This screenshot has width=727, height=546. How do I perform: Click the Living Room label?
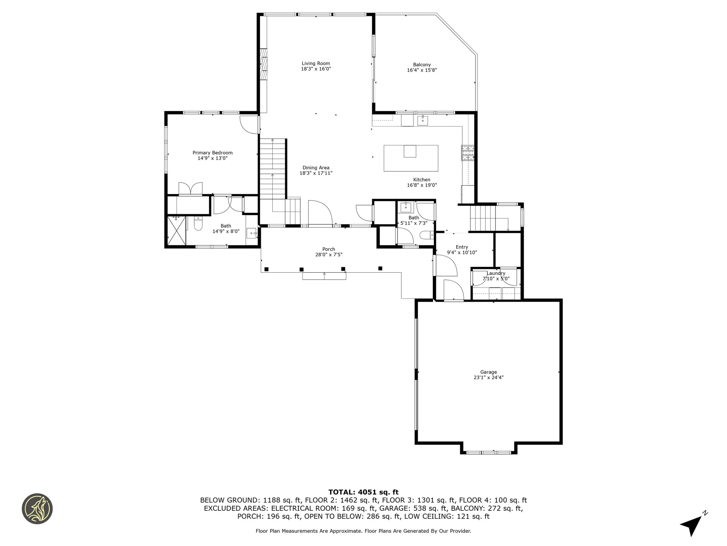[x=316, y=64]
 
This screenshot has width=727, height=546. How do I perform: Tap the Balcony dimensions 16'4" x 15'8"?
[x=422, y=70]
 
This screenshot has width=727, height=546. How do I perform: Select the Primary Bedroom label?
[x=212, y=153]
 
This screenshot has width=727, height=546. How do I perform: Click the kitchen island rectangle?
[x=411, y=158]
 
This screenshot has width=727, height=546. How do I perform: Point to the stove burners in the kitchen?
[x=467, y=153]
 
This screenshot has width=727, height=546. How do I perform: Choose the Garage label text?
[x=488, y=372]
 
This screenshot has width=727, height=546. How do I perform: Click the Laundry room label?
[x=496, y=273]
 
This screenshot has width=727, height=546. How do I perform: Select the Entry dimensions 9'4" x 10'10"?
[x=462, y=253]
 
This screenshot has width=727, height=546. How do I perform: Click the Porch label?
[x=329, y=249]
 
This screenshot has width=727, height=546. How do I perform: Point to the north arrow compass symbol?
[x=693, y=525]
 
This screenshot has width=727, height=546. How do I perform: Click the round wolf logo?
[x=37, y=509]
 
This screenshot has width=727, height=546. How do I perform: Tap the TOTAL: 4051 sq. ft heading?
[x=363, y=492]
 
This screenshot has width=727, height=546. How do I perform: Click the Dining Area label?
[x=316, y=168]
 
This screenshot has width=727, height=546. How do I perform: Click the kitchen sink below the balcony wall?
[x=423, y=121]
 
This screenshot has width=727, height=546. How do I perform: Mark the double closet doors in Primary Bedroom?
[x=190, y=188]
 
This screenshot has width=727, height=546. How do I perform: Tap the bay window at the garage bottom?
[x=488, y=452]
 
